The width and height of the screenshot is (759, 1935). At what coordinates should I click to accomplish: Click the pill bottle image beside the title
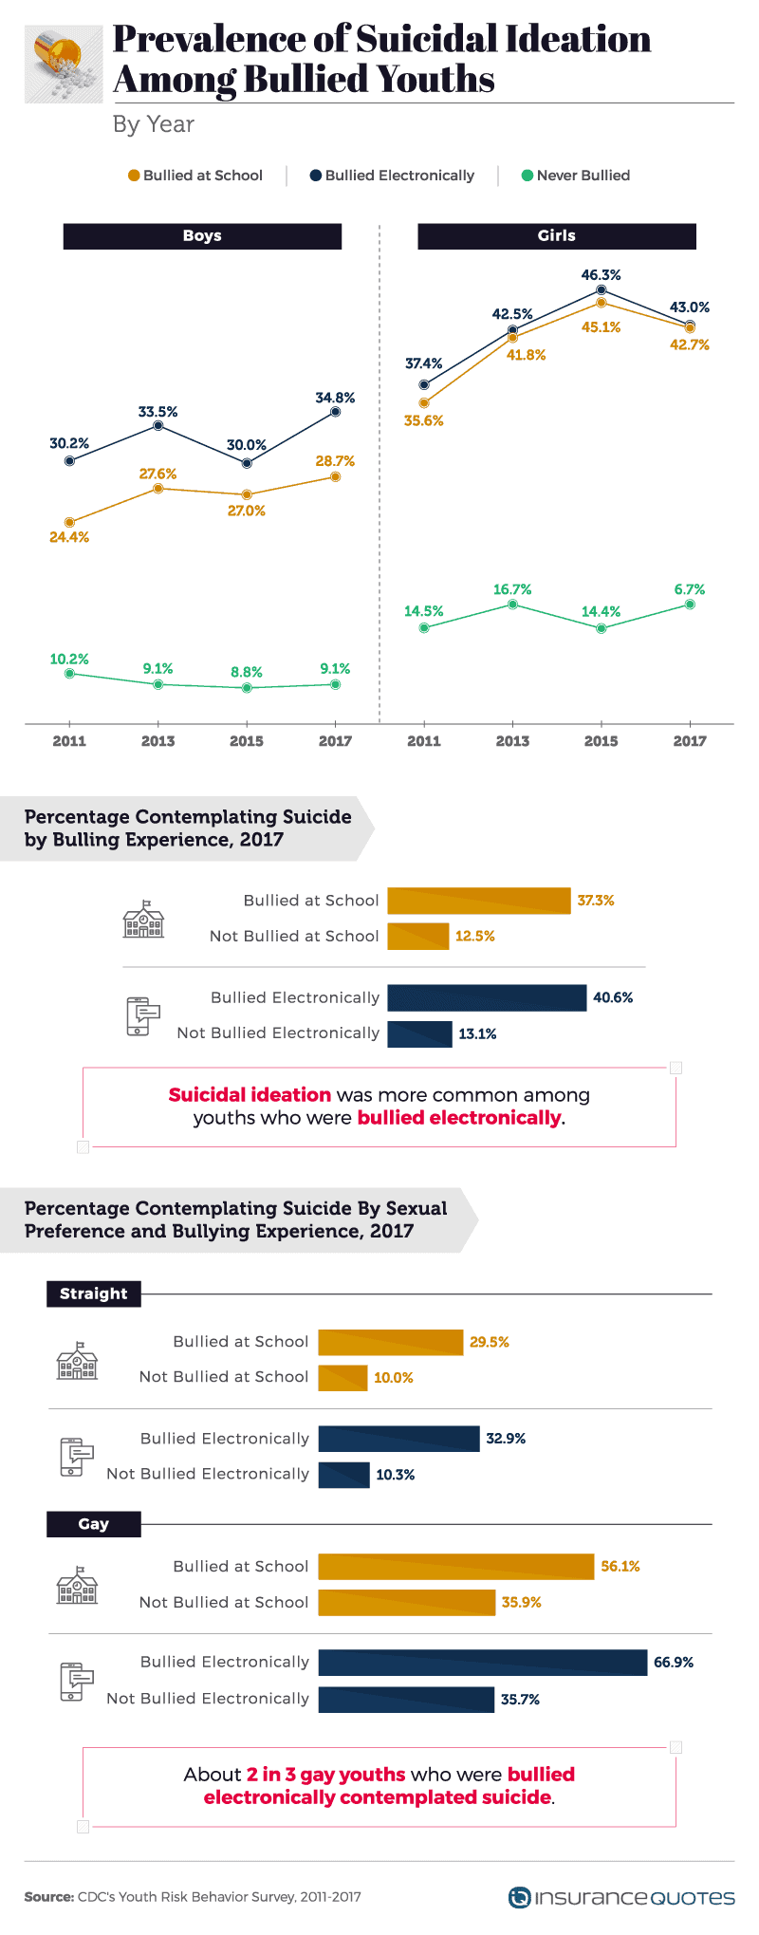pyautogui.click(x=64, y=64)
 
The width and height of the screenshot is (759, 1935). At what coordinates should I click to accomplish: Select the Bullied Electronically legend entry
pyautogui.click(x=393, y=176)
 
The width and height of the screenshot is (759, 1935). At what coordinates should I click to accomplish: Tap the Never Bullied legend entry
pyautogui.click(x=576, y=176)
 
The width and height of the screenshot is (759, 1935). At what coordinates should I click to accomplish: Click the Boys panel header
pyautogui.click(x=202, y=236)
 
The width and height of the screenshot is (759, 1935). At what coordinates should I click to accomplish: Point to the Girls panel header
pyautogui.click(x=557, y=236)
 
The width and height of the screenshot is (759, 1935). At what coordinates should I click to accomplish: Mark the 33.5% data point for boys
pyautogui.click(x=158, y=426)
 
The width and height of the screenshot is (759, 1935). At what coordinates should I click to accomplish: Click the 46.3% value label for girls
pyautogui.click(x=602, y=275)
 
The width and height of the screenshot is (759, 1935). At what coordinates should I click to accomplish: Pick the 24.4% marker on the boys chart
pyautogui.click(x=69, y=523)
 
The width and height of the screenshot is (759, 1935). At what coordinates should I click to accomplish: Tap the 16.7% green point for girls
pyautogui.click(x=512, y=605)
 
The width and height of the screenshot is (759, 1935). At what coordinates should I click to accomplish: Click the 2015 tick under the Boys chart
pyautogui.click(x=247, y=741)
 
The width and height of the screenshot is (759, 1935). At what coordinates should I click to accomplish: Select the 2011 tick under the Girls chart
pyautogui.click(x=424, y=741)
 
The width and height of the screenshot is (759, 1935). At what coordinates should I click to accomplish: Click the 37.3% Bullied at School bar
pyautogui.click(x=479, y=901)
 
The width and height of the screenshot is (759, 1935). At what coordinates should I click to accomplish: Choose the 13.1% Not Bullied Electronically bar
pyautogui.click(x=420, y=1033)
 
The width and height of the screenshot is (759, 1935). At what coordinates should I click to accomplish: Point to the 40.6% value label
pyautogui.click(x=613, y=998)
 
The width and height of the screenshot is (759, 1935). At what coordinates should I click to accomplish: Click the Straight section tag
pyautogui.click(x=94, y=1293)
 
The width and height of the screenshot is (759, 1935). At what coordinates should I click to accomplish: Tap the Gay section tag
pyautogui.click(x=94, y=1524)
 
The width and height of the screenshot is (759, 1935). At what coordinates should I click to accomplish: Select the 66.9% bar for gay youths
pyautogui.click(x=483, y=1663)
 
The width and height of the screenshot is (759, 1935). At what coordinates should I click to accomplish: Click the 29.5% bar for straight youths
pyautogui.click(x=391, y=1342)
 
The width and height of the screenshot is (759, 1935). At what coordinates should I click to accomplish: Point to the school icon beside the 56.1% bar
pyautogui.click(x=77, y=1585)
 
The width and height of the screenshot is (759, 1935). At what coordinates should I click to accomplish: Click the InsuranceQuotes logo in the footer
pyautogui.click(x=621, y=1897)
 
